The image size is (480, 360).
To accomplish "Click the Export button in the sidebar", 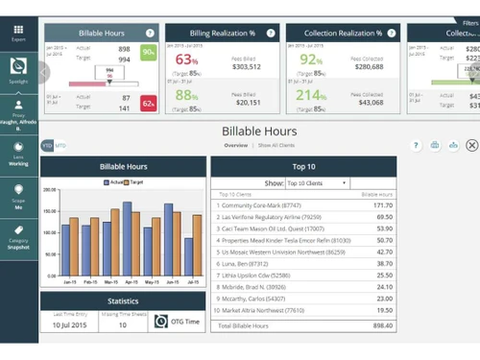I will coord(18,33).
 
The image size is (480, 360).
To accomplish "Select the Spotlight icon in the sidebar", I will coord(18,69).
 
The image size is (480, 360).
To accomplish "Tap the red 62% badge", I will coord(149,103).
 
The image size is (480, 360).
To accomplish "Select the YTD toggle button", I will coord(46,145).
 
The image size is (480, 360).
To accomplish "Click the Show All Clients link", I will coord(276,145).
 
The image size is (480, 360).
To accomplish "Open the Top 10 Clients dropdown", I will coord(316,182).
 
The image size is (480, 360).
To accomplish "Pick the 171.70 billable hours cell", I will coord(382,204).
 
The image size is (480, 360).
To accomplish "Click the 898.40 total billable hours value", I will coord(381,326).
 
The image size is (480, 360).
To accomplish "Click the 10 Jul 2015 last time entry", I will coord(68,325).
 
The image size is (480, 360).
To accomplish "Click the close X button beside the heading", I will coord(471,145).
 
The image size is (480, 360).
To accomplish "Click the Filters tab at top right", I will coord(467,22).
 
